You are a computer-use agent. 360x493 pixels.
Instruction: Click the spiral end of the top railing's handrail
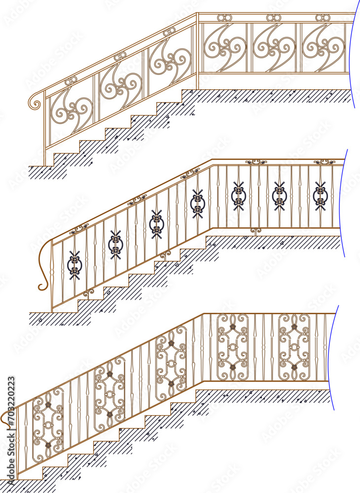tap(36, 103)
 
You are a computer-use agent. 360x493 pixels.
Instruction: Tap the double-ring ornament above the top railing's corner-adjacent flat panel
tap(223, 18)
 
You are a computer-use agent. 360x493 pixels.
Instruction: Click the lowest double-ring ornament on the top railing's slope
tap(70, 81)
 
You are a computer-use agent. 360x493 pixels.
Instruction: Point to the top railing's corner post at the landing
tap(197, 49)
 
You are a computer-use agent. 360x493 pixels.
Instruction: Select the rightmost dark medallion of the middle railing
tap(320, 196)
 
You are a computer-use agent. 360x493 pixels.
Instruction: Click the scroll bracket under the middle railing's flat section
tap(255, 231)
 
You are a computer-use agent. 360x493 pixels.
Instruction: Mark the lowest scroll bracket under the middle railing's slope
tap(88, 293)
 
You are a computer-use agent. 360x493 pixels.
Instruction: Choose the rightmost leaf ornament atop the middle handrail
tap(324, 161)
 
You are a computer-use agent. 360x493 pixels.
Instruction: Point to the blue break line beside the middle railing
tap(343, 202)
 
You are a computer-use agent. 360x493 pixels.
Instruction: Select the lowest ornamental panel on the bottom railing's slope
tap(48, 424)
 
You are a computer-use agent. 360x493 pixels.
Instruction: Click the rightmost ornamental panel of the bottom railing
tap(294, 347)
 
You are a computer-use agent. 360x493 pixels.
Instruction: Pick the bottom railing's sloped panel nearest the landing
tap(171, 362)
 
